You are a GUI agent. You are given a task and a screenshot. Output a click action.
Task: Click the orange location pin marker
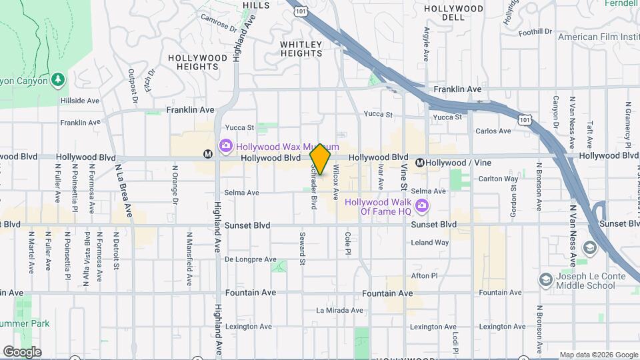(x=321, y=159)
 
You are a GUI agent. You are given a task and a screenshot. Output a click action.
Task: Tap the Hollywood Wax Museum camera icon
(x=225, y=145)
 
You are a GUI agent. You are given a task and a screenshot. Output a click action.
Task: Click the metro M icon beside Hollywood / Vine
(x=420, y=163)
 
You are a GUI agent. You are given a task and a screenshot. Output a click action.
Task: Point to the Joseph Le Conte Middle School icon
(x=545, y=279)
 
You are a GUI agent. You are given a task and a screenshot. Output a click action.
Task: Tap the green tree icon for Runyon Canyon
(x=59, y=81)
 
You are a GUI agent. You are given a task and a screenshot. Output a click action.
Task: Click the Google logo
(x=22, y=352)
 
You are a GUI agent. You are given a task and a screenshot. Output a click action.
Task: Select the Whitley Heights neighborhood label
(x=301, y=49)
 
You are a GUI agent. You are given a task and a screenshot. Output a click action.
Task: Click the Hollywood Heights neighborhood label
(x=197, y=62)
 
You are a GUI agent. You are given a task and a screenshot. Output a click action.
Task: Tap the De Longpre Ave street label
(x=250, y=259)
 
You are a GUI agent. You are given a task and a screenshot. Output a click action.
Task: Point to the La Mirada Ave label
(x=339, y=310)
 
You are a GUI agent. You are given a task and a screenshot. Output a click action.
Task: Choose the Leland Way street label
(x=429, y=243)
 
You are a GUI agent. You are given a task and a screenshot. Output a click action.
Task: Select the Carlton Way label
(x=499, y=179)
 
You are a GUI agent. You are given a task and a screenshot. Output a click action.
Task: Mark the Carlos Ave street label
(x=493, y=131)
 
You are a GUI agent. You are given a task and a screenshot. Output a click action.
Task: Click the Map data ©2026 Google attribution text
(x=598, y=355)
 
